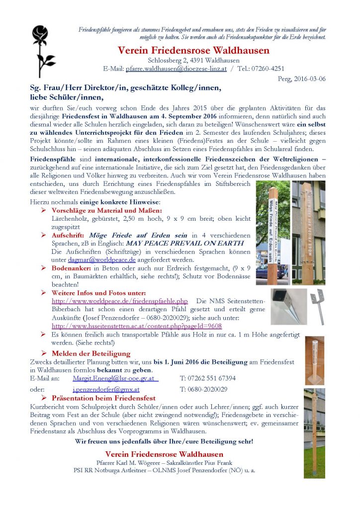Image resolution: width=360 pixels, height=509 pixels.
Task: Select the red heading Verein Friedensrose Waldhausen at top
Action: [194, 50]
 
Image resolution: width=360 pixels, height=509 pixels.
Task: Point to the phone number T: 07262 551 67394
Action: [208, 378]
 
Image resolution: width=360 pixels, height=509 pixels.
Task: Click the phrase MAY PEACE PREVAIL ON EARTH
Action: [184, 244]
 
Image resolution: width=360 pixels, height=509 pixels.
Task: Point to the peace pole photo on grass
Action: [314, 427]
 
